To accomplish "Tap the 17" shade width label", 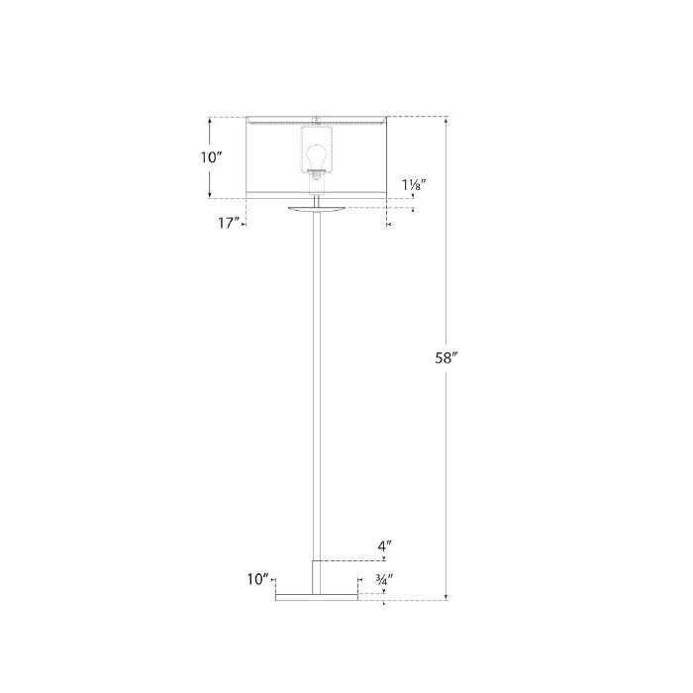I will point(228,223).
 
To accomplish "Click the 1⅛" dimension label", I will point(415,184).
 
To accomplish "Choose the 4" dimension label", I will point(384,544).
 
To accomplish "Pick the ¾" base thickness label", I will point(384,579).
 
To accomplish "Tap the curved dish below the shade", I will point(316,209).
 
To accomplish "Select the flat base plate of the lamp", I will point(316,597).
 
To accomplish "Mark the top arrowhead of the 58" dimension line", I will point(447,121).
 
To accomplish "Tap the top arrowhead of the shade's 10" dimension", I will point(210,121).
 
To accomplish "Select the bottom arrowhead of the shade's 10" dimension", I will point(210,194).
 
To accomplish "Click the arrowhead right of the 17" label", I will point(243,225).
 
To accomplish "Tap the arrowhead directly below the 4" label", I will point(383,558).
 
